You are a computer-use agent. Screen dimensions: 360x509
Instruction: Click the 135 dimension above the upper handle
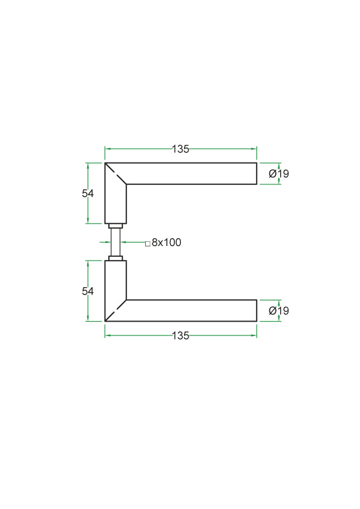[180, 149]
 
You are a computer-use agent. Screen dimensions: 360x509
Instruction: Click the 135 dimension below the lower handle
[180, 336]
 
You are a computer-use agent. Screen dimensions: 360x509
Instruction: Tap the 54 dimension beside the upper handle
[88, 193]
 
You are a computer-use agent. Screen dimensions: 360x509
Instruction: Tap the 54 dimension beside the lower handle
[88, 291]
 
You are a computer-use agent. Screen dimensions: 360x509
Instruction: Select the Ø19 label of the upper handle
[279, 173]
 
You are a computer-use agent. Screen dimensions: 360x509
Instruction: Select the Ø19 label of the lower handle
[279, 311]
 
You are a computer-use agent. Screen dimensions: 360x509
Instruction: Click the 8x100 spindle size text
[166, 242]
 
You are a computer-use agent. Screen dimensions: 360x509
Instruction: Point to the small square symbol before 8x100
[148, 244]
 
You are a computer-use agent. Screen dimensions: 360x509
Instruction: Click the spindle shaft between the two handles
[116, 242]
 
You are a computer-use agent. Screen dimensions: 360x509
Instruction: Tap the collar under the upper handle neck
[116, 226]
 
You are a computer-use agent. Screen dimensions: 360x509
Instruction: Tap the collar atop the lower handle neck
[116, 258]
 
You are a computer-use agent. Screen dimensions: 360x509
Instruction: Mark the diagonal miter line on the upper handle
[116, 173]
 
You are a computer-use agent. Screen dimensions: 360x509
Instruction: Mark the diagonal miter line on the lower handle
[116, 311]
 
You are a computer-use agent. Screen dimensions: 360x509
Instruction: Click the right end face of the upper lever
[257, 173]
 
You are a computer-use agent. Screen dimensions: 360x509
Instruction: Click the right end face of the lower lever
[257, 311]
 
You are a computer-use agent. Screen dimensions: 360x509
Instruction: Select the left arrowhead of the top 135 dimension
[108, 149]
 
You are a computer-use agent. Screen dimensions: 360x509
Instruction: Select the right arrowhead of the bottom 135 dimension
[254, 336]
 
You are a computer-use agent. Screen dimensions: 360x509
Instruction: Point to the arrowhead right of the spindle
[123, 242]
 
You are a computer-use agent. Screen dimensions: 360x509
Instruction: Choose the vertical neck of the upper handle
[116, 204]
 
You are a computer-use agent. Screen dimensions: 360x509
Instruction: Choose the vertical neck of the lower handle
[116, 280]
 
